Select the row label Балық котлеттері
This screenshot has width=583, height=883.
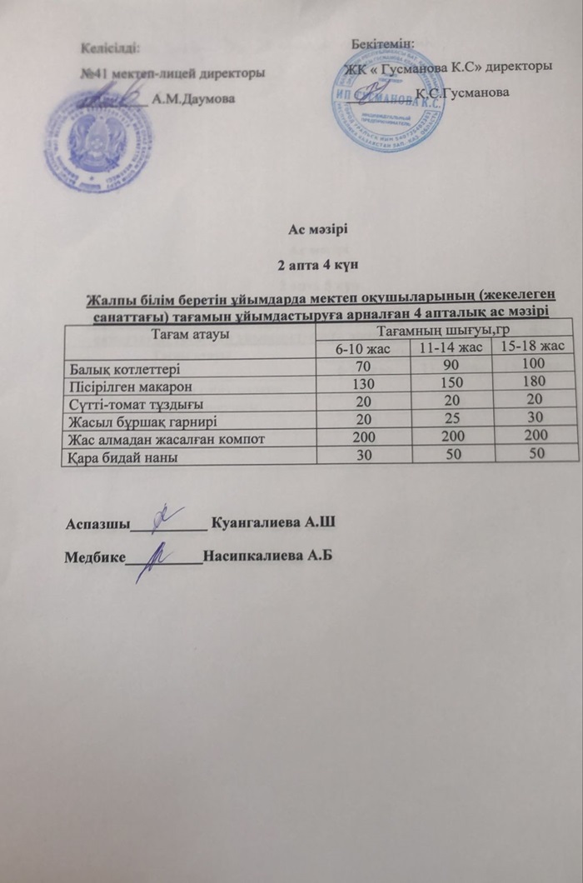click(x=122, y=366)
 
